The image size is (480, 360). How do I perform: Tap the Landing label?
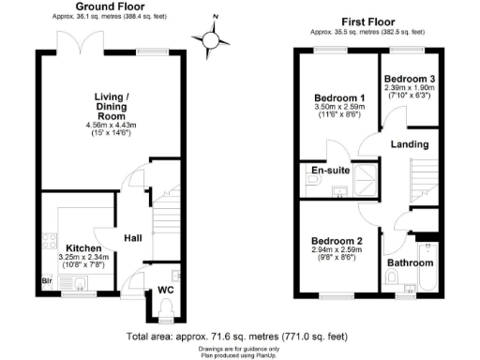point(411,144)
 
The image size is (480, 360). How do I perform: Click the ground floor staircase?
point(165,220)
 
